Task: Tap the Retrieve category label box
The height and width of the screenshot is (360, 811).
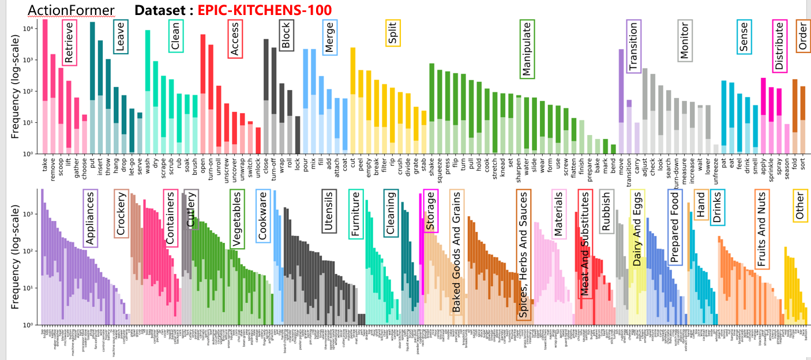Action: point(69,43)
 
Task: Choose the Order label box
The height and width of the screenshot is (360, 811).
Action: point(804,36)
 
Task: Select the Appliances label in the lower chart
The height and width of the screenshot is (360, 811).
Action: point(91,219)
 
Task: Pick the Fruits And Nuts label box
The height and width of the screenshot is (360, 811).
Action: point(762,229)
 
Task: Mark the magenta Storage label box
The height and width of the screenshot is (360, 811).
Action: point(431,211)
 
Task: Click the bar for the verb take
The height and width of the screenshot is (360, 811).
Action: point(45,87)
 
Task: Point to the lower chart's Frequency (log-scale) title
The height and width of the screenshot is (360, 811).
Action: point(16,257)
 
